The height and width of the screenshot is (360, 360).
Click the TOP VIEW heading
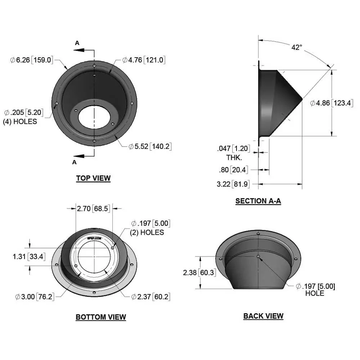tap(93, 178)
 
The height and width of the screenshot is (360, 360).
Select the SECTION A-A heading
tap(258, 201)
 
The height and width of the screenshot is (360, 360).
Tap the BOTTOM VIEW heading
tap(101, 317)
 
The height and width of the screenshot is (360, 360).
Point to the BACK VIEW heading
tap(263, 316)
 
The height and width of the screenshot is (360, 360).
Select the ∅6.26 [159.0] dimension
tap(32, 60)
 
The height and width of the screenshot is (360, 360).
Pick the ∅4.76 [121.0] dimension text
tap(144, 60)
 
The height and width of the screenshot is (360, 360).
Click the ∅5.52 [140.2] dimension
tap(149, 147)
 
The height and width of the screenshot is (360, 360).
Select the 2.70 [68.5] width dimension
tap(93, 208)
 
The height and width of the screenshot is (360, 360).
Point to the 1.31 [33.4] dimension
tap(28, 256)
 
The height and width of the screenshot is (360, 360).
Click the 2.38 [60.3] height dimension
tap(199, 273)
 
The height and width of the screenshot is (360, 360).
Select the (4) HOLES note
tap(20, 121)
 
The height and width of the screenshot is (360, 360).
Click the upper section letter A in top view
tap(77, 43)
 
